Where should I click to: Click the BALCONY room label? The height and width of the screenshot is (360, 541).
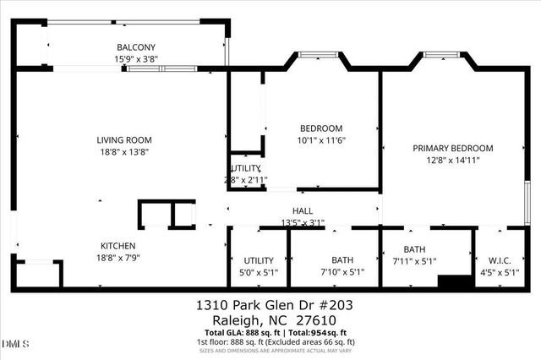pos(135,47)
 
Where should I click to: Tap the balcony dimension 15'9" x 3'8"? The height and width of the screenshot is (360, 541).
pos(135,59)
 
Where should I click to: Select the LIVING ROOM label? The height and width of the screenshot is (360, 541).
pos(123,140)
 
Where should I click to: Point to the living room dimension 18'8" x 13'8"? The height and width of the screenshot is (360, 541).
pos(123,152)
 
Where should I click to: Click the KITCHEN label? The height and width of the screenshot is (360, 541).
pos(112,245)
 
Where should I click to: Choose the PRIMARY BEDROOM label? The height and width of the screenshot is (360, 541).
pos(452,148)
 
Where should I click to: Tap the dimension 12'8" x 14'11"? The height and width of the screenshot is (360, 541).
pos(452,160)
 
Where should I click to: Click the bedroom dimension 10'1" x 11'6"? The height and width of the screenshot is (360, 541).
pos(321,140)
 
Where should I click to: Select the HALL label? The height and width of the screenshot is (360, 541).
pos(303,211)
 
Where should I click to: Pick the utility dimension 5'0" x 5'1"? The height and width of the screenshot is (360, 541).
pos(259,272)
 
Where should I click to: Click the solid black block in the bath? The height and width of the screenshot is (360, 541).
pos(454,281)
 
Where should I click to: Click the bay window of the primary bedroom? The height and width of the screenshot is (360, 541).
pos(440,56)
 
